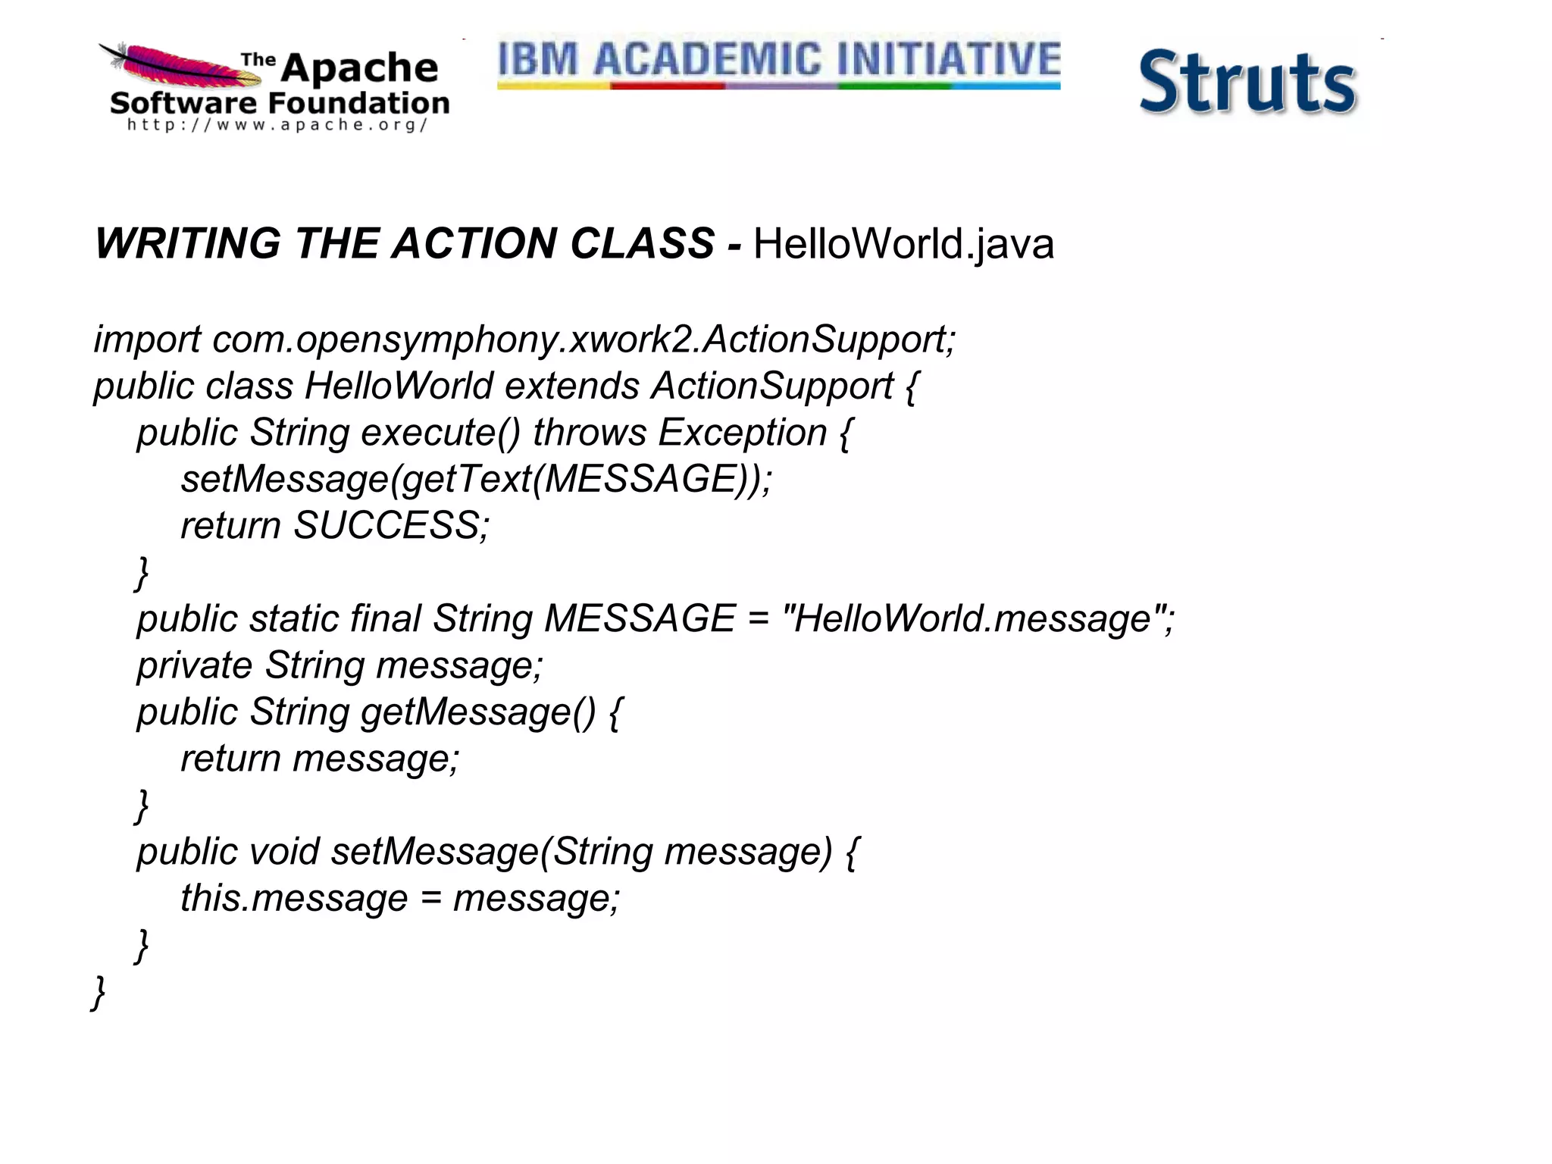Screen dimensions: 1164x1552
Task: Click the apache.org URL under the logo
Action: point(277,125)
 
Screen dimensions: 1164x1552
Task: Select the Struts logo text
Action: point(1247,83)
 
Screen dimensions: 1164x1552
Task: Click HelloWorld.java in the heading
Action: point(903,244)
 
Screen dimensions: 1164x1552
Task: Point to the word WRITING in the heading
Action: point(188,244)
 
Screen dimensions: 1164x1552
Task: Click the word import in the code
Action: point(147,339)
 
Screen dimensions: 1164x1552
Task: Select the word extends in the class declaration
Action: point(572,386)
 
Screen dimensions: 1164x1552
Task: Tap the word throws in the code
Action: point(590,433)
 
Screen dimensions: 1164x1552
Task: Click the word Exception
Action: point(742,433)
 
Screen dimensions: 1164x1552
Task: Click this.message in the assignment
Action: point(294,899)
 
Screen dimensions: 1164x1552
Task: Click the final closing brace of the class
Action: point(99,992)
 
